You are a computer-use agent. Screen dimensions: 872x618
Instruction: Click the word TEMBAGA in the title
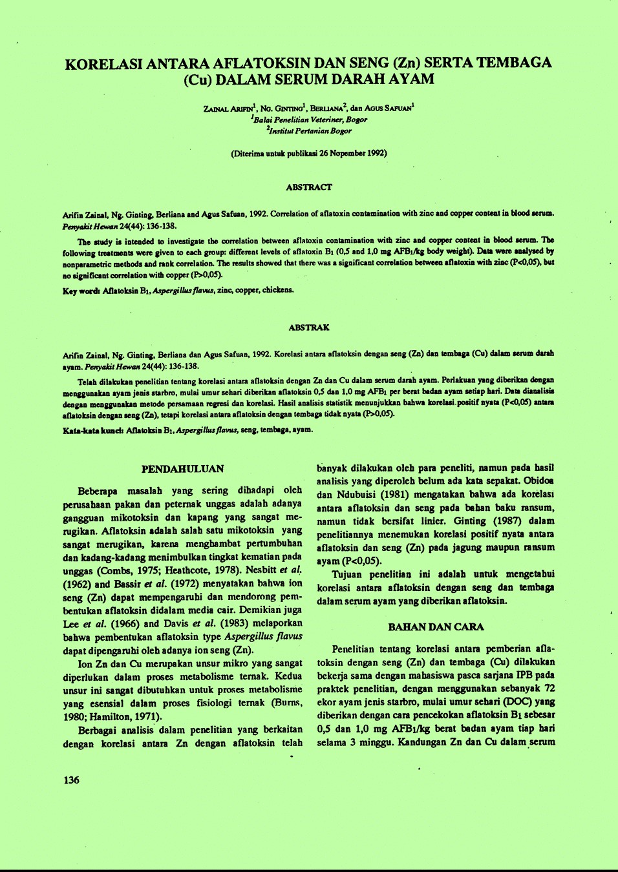[x=515, y=63]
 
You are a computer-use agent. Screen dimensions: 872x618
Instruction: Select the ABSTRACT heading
[x=309, y=187]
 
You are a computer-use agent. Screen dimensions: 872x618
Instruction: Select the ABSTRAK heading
[x=309, y=327]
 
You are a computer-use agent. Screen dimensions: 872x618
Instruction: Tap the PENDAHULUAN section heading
[x=182, y=469]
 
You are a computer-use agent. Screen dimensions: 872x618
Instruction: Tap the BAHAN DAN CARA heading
[x=436, y=627]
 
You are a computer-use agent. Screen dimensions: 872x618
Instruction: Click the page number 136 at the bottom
[x=71, y=780]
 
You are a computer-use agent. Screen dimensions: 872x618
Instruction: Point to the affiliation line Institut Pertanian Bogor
[x=309, y=131]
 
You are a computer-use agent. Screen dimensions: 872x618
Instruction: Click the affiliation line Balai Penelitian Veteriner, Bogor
[x=309, y=120]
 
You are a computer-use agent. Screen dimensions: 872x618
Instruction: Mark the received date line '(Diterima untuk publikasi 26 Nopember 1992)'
[x=309, y=154]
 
